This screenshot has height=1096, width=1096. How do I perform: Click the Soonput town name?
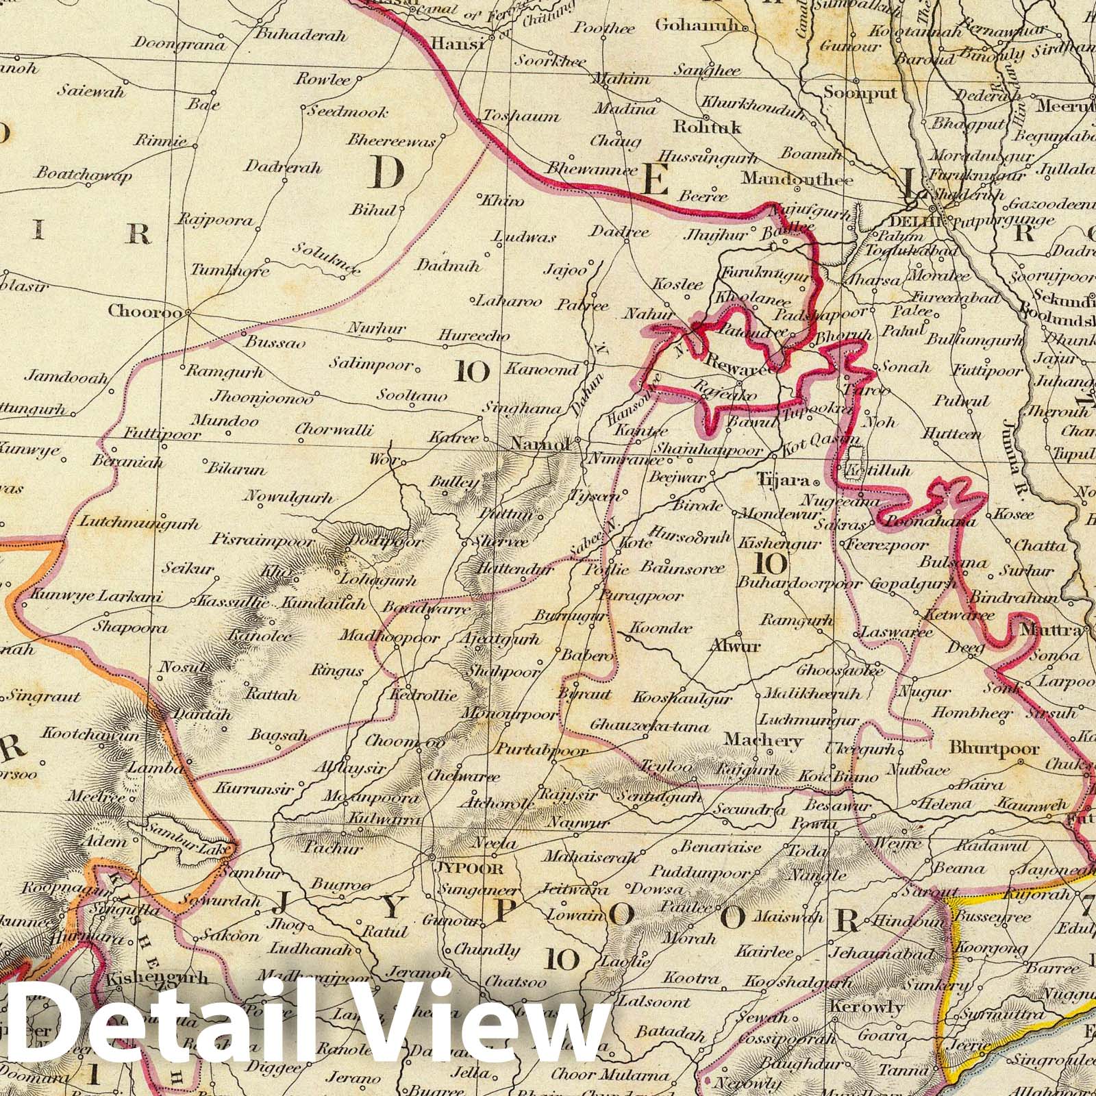tap(860, 92)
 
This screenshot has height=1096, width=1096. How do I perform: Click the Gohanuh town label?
tap(698, 25)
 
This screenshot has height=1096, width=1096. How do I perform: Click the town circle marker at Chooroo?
tap(186, 313)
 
